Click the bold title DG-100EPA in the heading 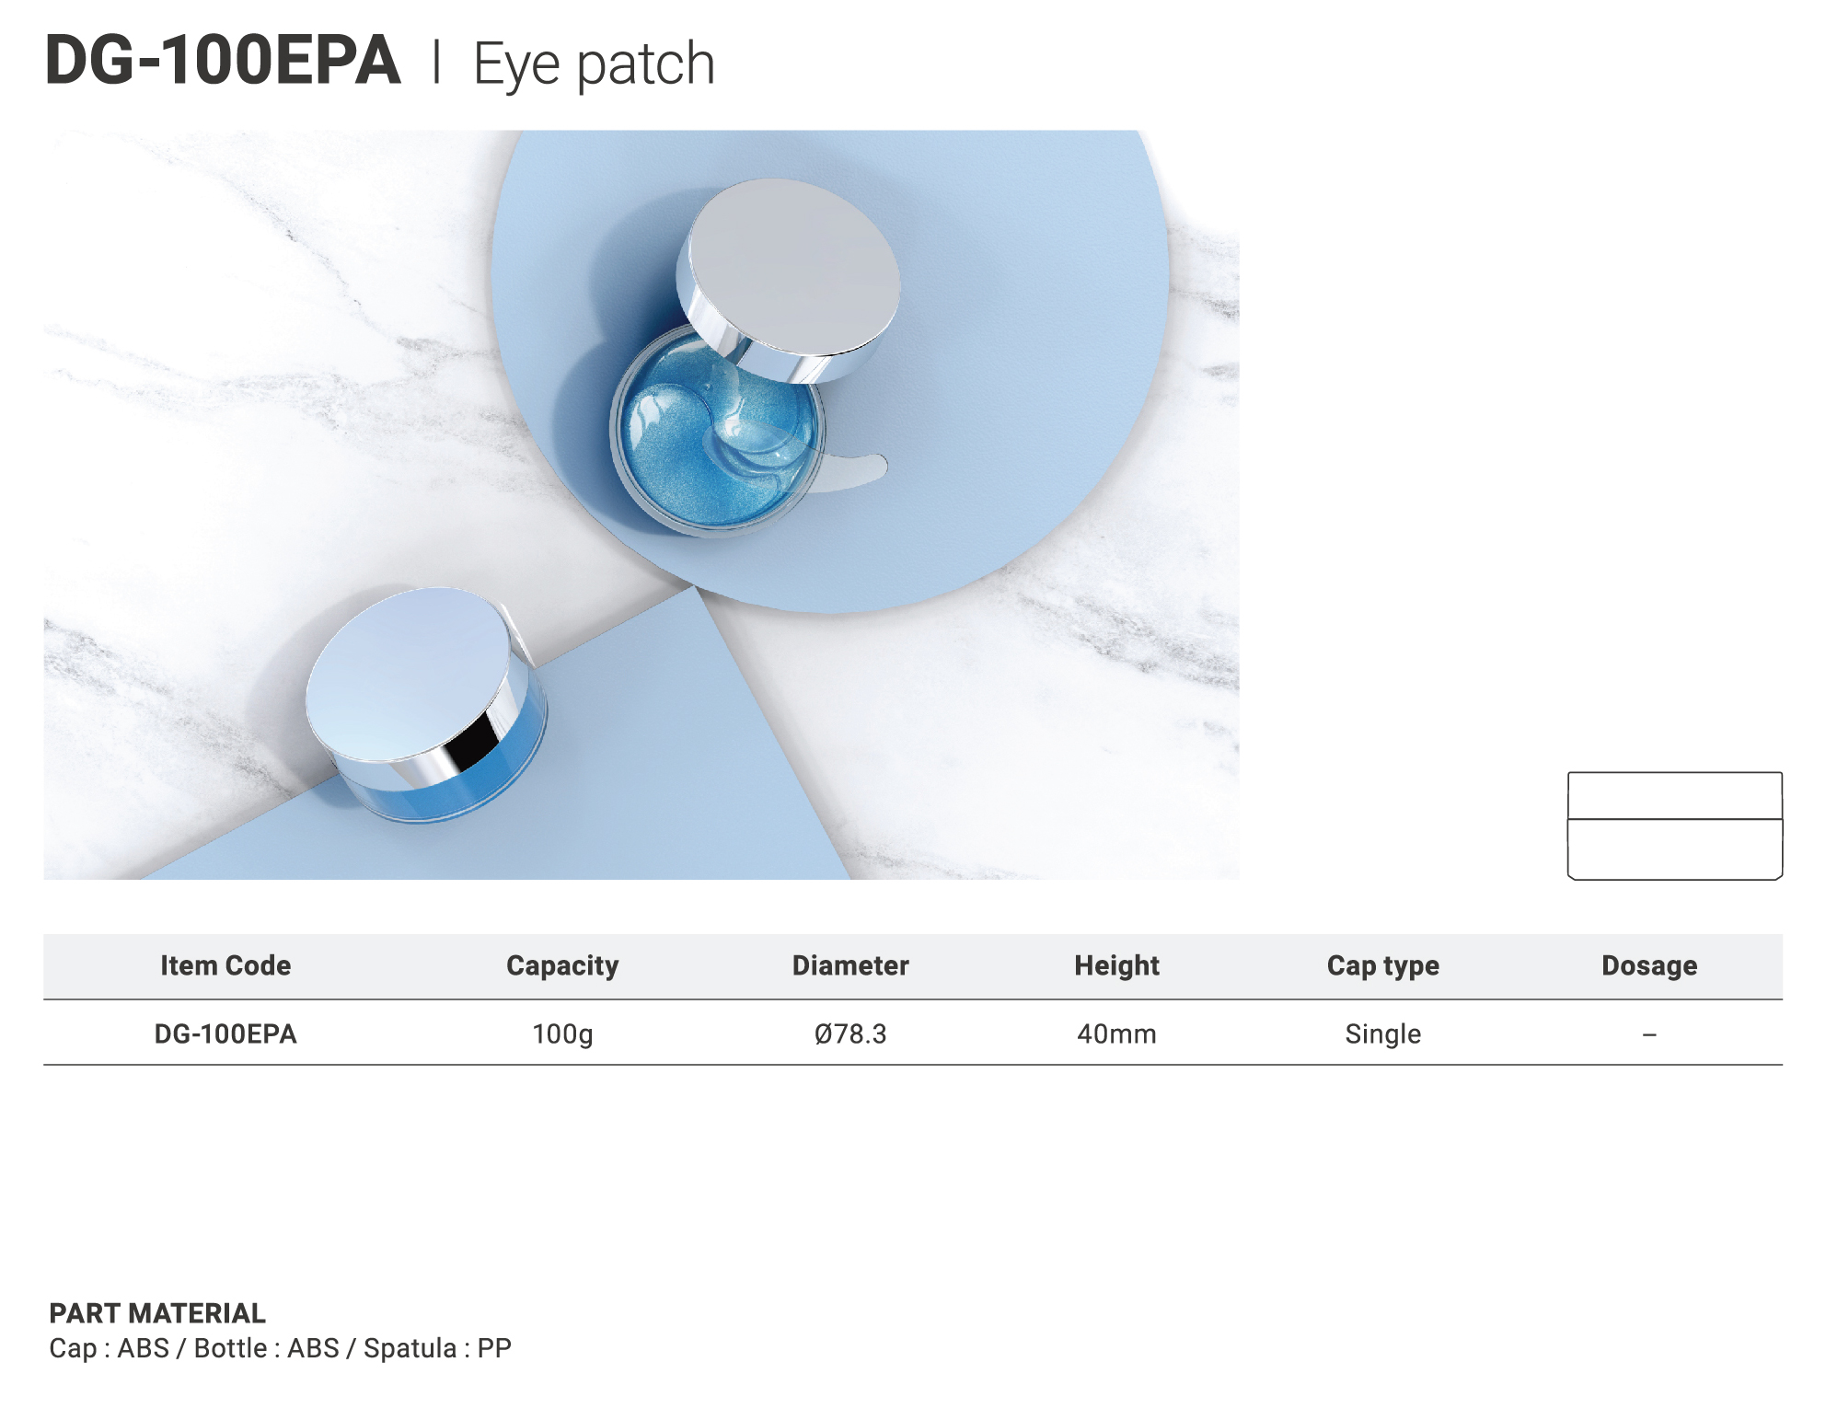click(x=223, y=61)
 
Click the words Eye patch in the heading click(x=594, y=65)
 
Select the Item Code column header click(x=225, y=965)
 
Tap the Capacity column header click(x=562, y=966)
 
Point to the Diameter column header click(x=850, y=965)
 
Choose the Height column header click(x=1116, y=966)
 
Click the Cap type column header click(x=1382, y=966)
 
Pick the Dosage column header click(x=1649, y=966)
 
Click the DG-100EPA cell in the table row click(x=225, y=1034)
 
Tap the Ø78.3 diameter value click(x=850, y=1034)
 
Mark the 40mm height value click(x=1116, y=1034)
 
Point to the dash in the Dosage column click(x=1649, y=1035)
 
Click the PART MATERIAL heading click(x=157, y=1313)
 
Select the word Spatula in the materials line click(x=410, y=1349)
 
